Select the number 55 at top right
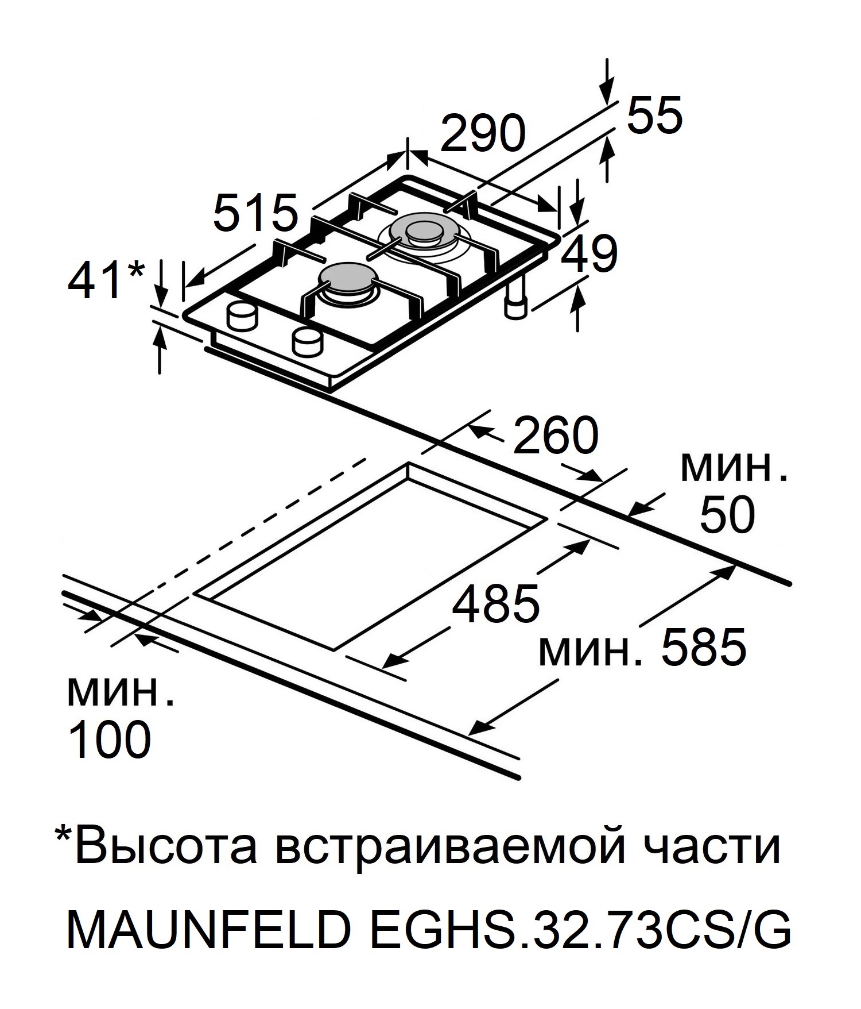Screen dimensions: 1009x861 click(x=654, y=114)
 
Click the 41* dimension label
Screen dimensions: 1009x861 click(x=106, y=282)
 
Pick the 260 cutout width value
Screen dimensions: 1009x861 click(x=555, y=436)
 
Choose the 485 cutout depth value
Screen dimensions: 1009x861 click(x=496, y=604)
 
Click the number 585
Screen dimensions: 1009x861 click(x=704, y=648)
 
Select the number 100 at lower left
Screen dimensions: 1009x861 click(x=109, y=739)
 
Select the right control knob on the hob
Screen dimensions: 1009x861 click(x=308, y=342)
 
